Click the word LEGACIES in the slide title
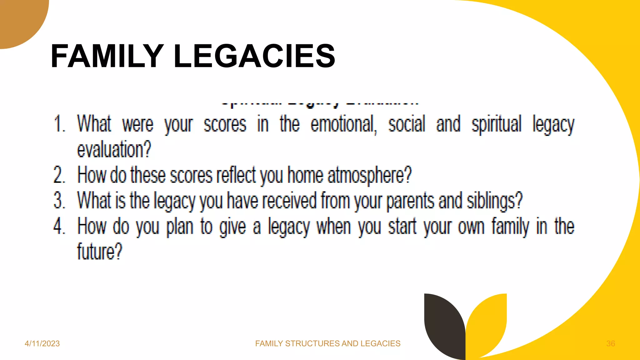coord(254,56)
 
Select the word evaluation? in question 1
coord(114,150)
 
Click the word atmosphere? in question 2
coord(370,176)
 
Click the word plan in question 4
coord(180,227)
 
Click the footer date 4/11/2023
coord(42,343)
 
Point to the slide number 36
coord(611,343)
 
